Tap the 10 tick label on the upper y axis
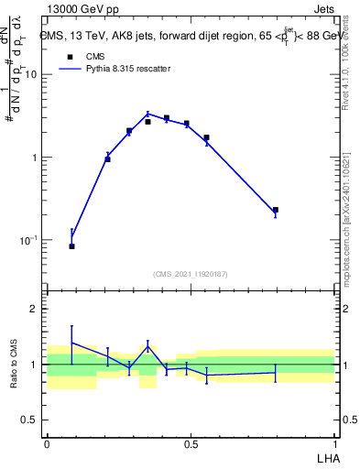click(30, 74)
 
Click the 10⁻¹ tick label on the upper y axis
click(28, 240)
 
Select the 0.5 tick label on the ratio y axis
click(30, 420)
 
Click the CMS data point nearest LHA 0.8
click(275, 210)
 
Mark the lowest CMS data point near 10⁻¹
click(72, 246)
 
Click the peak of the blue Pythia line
click(147, 114)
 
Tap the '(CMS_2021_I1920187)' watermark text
click(191, 273)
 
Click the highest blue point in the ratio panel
click(72, 343)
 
